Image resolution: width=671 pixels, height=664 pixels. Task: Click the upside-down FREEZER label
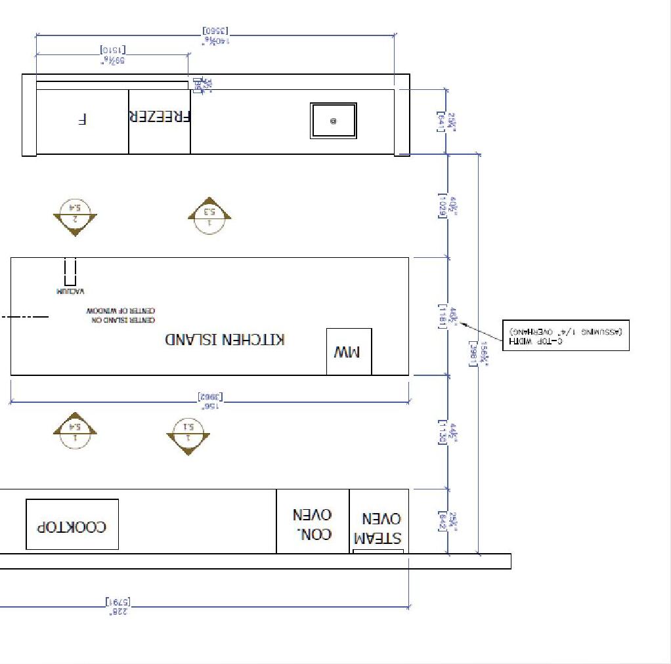click(x=160, y=117)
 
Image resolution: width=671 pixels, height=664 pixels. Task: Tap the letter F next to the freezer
click(x=82, y=119)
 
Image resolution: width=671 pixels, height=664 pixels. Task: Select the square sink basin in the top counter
click(x=334, y=121)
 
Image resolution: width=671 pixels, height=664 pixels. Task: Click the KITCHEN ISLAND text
click(x=225, y=339)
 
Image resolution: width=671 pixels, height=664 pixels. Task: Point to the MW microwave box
click(x=349, y=352)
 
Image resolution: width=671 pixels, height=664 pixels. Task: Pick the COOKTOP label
click(x=72, y=526)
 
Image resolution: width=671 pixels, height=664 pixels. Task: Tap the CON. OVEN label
click(x=313, y=524)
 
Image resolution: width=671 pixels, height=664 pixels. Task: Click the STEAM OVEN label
click(x=378, y=529)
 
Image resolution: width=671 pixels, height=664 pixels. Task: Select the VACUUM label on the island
click(x=70, y=291)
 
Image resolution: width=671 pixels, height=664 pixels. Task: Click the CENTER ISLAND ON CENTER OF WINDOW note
click(x=120, y=314)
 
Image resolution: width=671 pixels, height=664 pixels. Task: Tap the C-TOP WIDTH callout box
click(x=565, y=335)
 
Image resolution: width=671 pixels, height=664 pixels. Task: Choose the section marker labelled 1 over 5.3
click(x=209, y=216)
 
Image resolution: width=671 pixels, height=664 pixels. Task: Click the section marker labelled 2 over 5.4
click(x=76, y=216)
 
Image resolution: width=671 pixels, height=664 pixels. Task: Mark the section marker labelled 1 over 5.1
click(x=188, y=433)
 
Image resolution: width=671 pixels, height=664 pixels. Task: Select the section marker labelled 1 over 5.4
click(x=75, y=432)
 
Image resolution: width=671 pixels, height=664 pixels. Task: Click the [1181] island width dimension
click(x=443, y=316)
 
